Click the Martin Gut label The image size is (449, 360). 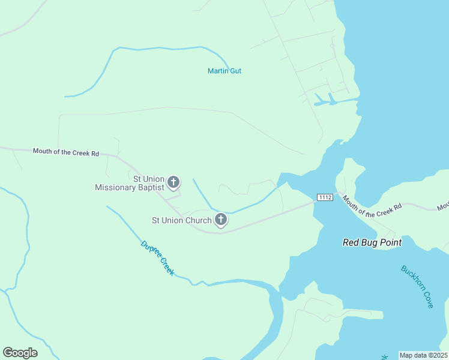(x=224, y=71)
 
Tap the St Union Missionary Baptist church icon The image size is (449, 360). (x=173, y=182)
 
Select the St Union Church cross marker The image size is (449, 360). (x=221, y=220)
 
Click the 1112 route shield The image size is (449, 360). (x=325, y=197)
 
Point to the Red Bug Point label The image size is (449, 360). (x=372, y=242)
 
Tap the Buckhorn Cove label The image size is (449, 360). (x=418, y=287)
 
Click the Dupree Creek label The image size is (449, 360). (x=158, y=258)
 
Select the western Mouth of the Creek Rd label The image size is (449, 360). (x=65, y=152)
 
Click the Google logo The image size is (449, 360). (x=20, y=353)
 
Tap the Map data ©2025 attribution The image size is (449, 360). (x=423, y=355)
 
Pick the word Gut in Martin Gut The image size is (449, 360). (x=235, y=71)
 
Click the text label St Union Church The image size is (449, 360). (x=182, y=220)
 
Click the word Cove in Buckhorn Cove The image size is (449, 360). (x=427, y=300)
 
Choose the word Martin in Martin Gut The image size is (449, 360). (x=217, y=71)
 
